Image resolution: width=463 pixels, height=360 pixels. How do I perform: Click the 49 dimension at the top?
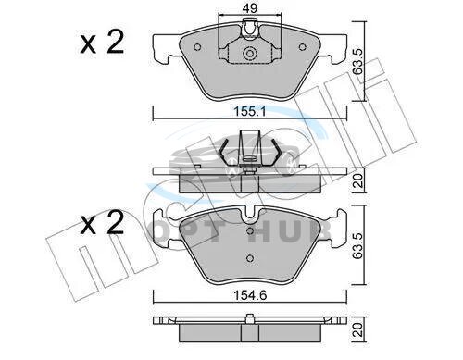pos(249,8)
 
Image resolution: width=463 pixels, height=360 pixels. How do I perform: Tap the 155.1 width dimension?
pos(250,111)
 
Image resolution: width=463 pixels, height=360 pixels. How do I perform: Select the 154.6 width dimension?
pos(250,295)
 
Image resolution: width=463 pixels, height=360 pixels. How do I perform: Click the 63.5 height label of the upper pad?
pos(358,61)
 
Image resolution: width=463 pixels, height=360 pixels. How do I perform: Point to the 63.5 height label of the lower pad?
pos(358,245)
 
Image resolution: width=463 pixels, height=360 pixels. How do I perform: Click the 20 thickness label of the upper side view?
pos(358,180)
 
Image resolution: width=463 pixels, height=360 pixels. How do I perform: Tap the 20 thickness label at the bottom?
pos(358,330)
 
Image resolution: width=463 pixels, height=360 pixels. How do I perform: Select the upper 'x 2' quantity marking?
pos(102,43)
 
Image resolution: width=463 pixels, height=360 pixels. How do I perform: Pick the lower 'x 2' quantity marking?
pos(102,223)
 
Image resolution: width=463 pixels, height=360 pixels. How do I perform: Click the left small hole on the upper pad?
pos(197,47)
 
